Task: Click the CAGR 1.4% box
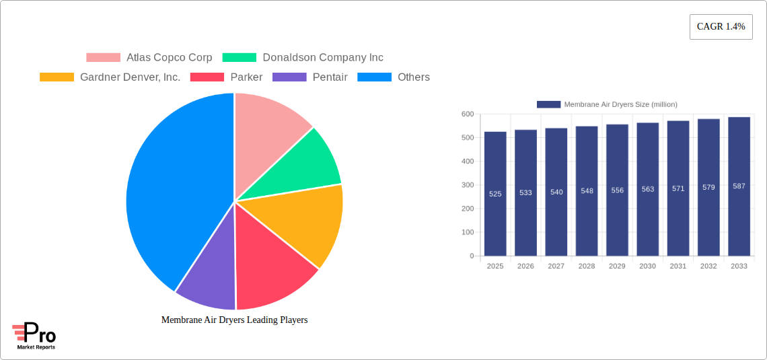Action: pyautogui.click(x=721, y=27)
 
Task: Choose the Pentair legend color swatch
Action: pyautogui.click(x=289, y=77)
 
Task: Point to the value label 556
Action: pyautogui.click(x=617, y=190)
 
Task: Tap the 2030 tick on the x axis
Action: pyautogui.click(x=647, y=266)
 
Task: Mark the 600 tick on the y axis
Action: pyautogui.click(x=468, y=114)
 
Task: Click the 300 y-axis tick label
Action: pyautogui.click(x=468, y=185)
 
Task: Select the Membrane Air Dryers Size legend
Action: pyautogui.click(x=607, y=104)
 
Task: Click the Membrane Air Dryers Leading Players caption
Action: pyautogui.click(x=234, y=320)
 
